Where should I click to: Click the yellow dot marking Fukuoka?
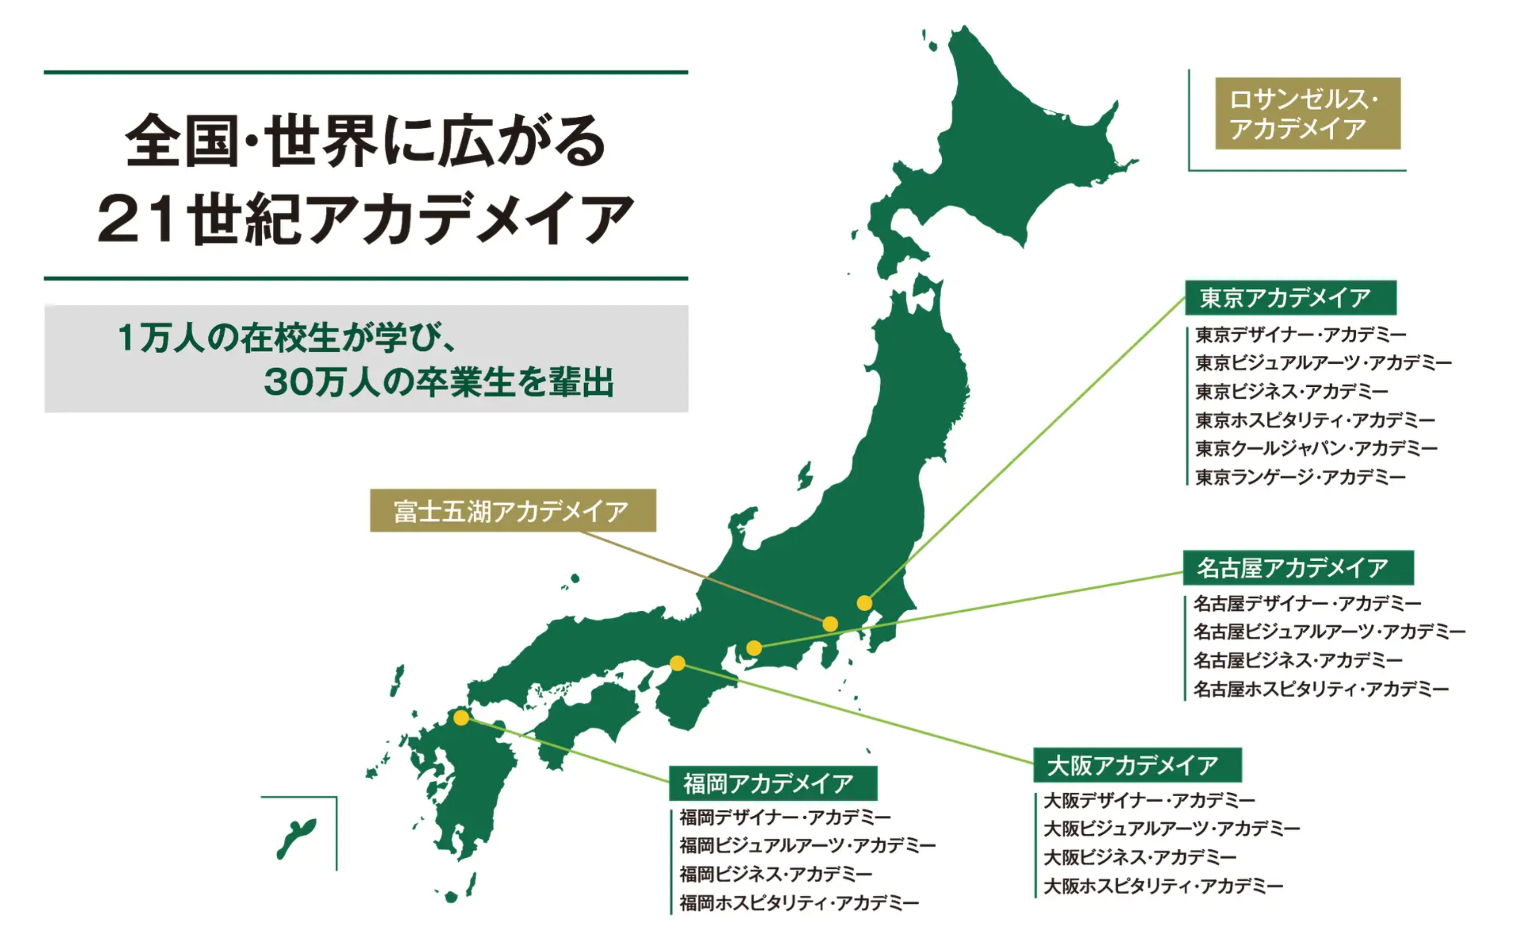point(461,718)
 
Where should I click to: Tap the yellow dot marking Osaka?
point(677,663)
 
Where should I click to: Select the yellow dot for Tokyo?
point(864,602)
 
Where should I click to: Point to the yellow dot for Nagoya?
point(754,648)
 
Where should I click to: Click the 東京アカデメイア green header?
point(1290,298)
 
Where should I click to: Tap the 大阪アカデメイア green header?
point(1137,765)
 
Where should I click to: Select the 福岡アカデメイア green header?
point(773,783)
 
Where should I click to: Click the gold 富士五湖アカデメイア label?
point(512,511)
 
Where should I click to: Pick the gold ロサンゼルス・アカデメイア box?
point(1307,113)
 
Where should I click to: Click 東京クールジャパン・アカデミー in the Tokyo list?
point(1316,448)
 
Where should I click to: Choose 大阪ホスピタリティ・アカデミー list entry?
point(1163,885)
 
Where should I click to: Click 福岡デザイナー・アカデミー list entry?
point(785,817)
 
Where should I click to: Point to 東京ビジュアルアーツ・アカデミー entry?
point(1323,363)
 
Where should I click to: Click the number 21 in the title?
point(136,218)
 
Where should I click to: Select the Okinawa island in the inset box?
point(296,837)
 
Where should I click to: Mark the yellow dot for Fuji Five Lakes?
point(830,623)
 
